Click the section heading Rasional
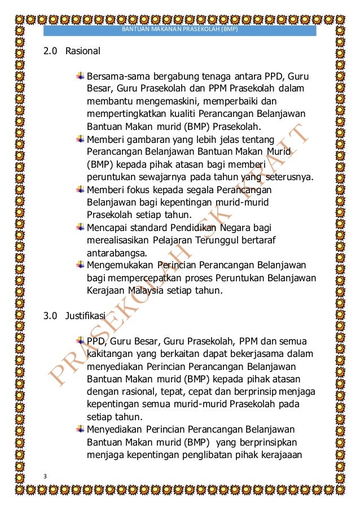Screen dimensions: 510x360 [x=82, y=51]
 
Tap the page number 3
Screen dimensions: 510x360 [x=46, y=477]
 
